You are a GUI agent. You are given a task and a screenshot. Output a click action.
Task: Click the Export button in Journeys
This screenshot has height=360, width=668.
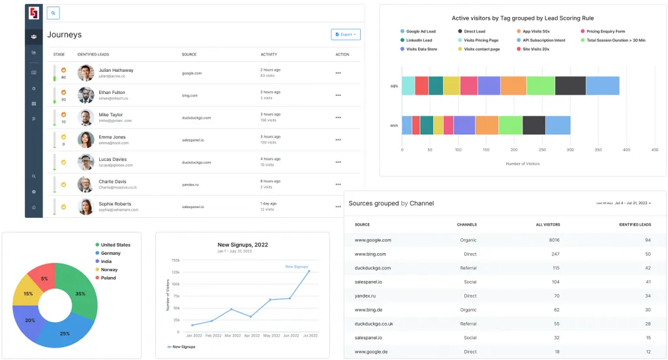(346, 35)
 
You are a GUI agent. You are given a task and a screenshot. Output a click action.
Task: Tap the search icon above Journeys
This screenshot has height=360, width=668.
(53, 13)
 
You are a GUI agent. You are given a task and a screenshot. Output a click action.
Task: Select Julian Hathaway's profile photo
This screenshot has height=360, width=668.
(85, 72)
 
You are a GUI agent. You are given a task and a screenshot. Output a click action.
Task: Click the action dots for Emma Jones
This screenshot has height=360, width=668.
(338, 140)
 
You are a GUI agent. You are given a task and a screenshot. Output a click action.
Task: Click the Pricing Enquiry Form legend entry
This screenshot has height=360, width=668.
(602, 31)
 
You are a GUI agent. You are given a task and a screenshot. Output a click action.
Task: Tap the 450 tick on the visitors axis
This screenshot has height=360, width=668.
(654, 149)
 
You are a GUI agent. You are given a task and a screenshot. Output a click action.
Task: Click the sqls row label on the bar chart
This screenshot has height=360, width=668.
(394, 85)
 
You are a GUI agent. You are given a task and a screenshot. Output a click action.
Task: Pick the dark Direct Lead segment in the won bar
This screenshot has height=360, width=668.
(534, 125)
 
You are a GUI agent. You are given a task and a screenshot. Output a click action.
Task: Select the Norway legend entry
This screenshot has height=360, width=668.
(110, 269)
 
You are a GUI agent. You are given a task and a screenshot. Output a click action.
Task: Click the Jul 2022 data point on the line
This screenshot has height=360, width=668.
(309, 271)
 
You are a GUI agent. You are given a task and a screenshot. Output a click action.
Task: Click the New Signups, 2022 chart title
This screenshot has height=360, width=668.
(242, 245)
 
